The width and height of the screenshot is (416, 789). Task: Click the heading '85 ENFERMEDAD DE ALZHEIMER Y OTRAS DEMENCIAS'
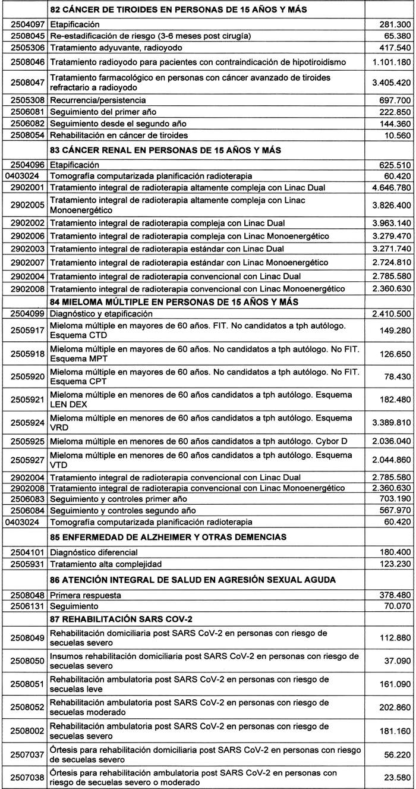(177, 537)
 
